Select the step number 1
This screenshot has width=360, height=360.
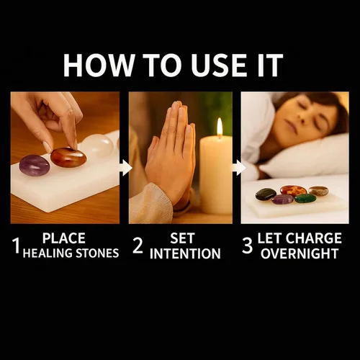coord(17,246)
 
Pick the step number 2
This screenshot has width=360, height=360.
coord(138,246)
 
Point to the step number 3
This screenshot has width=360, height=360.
coord(247,246)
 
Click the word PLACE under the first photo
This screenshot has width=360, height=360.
coord(64,238)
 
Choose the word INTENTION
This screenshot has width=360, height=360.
coord(185,253)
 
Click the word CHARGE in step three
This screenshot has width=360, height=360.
coord(313,238)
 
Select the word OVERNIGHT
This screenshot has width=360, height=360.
coord(300,253)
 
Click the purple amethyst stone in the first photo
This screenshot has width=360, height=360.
coord(35,166)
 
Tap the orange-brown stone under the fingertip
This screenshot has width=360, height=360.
coord(68,158)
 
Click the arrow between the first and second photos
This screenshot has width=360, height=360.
coord(125,168)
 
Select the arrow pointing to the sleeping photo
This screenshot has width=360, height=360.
coord(239,168)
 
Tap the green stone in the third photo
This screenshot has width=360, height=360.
coord(305,198)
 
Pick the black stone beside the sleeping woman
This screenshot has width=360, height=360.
coord(266,194)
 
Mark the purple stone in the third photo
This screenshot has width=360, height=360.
coord(283,199)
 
